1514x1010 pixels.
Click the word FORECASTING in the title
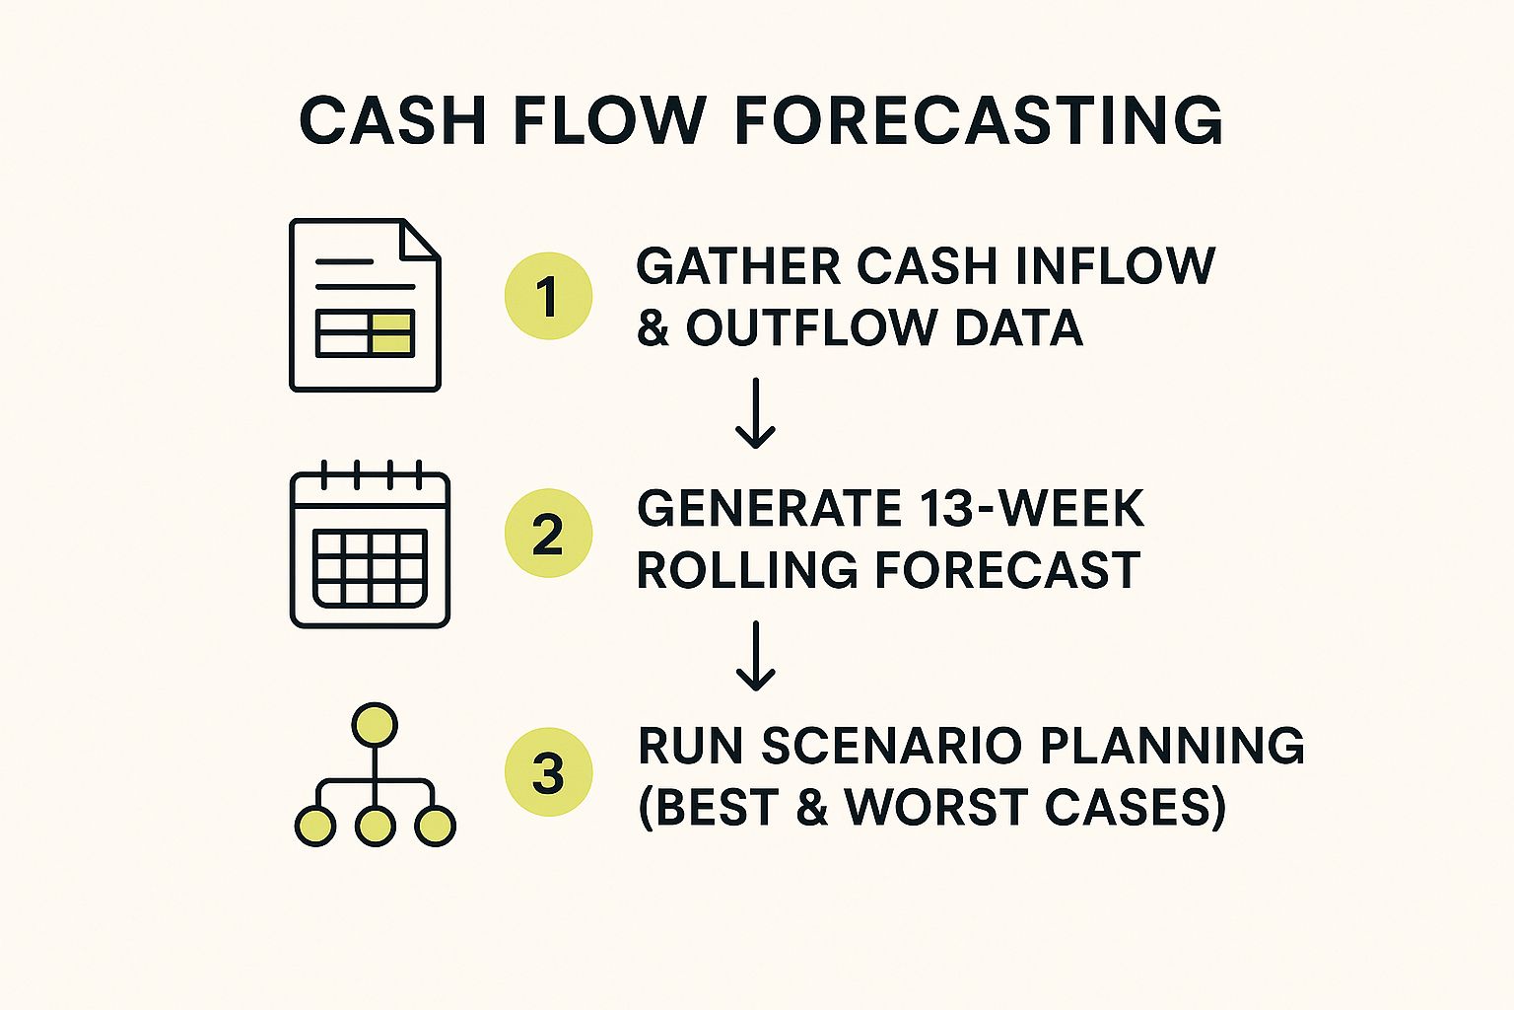tap(979, 121)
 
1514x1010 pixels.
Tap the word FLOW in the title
tap(608, 121)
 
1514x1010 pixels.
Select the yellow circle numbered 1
tap(548, 296)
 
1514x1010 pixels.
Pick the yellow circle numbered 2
tap(548, 534)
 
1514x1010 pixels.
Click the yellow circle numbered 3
tap(548, 772)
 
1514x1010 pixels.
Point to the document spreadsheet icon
tap(365, 305)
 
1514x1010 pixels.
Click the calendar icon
tap(371, 544)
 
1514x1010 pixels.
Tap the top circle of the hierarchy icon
tap(375, 726)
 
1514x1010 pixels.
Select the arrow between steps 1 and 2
tap(756, 413)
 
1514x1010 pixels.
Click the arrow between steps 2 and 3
tap(756, 655)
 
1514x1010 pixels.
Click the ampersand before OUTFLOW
tap(653, 328)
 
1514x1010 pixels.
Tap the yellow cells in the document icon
tap(392, 333)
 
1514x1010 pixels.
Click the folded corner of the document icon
tap(421, 239)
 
